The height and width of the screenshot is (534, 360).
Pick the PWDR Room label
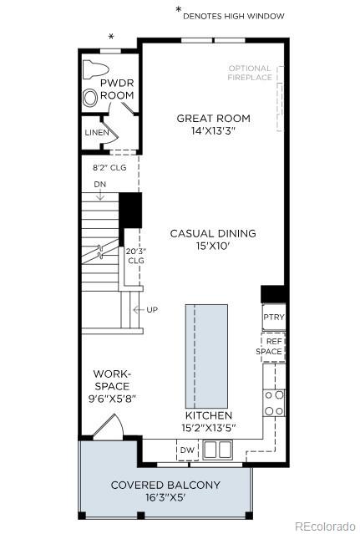[x=117, y=90]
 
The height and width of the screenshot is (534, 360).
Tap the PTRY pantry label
[x=273, y=318]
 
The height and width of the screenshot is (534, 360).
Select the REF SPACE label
[x=273, y=347]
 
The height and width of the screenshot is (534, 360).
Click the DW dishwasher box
[x=188, y=451]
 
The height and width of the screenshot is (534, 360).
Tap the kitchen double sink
[x=216, y=450]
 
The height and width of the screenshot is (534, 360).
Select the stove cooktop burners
[x=274, y=402]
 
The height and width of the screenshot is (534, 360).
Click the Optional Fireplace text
[x=250, y=73]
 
